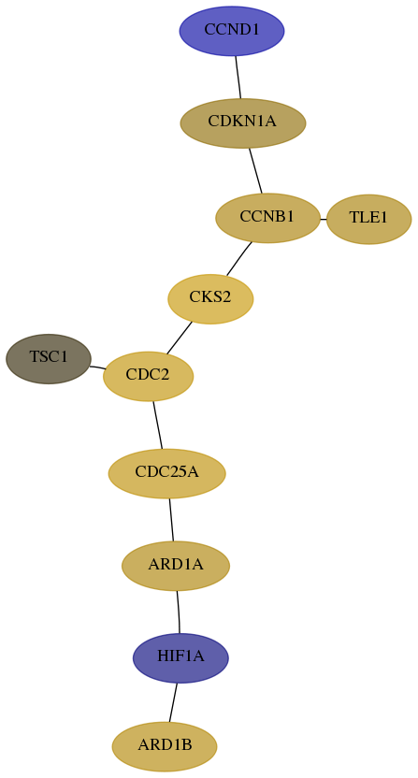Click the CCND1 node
coord(232,31)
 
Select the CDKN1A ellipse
coord(243,123)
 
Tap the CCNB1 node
coord(267,218)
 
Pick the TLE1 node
coord(368,219)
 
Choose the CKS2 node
coord(210,298)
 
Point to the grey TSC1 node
coord(49,359)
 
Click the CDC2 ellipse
coord(148,376)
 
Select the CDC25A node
coord(166,473)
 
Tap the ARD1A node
coord(176,566)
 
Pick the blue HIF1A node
coord(180,658)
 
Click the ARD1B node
coord(165,747)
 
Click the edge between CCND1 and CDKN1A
coord(238,77)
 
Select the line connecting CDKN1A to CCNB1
coord(255,171)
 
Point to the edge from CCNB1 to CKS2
coord(239,258)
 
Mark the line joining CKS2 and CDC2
coord(180,338)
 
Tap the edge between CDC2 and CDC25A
coord(158,425)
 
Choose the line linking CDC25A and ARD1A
coord(172,520)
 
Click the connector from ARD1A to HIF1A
coord(179,612)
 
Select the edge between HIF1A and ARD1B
coord(173,702)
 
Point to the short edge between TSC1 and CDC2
coord(97,367)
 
